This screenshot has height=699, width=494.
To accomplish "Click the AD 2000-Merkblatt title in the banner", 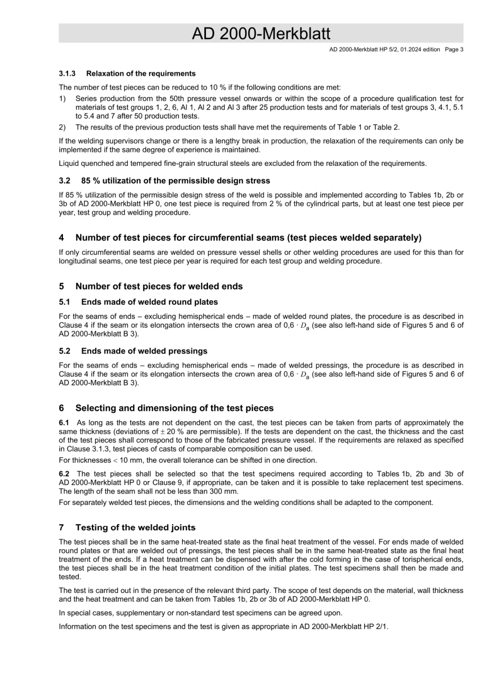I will coord(261,34).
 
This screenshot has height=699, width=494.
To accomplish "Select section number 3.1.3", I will coord(67,73).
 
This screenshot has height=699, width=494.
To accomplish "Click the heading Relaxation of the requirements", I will coord(141,73).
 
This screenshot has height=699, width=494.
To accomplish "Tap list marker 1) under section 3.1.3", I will coord(62,99).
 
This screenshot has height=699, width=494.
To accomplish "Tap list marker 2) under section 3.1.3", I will coord(62,127).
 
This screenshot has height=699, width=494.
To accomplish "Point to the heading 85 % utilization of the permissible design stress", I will coord(176,181).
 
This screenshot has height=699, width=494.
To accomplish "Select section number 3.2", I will coord(64,181).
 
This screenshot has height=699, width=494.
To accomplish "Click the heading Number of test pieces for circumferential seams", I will coord(248,238).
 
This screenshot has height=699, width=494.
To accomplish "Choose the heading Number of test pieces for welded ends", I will coord(159,286).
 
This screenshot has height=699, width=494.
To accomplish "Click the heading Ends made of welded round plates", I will coord(149,302).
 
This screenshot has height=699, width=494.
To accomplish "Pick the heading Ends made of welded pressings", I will coord(144,351).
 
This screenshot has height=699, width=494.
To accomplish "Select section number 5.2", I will coord(64,351).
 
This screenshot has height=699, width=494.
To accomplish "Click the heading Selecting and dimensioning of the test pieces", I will coord(174,408).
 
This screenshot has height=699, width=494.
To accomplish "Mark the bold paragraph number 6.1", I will coord(64,423).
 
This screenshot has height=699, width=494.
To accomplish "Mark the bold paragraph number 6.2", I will coord(64,474).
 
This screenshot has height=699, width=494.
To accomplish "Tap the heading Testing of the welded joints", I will coord(135,527).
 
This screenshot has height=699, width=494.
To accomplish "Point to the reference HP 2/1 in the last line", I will coord(376,627).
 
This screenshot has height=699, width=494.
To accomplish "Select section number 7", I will coord(61,527).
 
